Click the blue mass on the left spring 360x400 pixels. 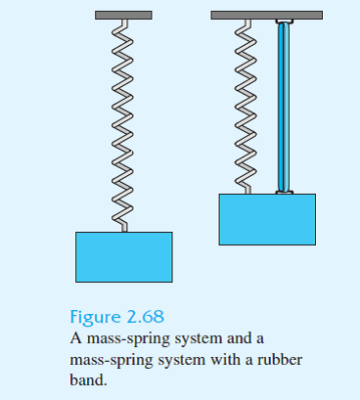pos(124,256)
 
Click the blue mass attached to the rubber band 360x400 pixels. pos(266,218)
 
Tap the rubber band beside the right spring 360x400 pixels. pos(284,108)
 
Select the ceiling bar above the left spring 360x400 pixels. pos(123,16)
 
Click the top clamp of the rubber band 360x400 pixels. pos(284,22)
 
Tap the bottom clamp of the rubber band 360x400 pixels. pos(284,192)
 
